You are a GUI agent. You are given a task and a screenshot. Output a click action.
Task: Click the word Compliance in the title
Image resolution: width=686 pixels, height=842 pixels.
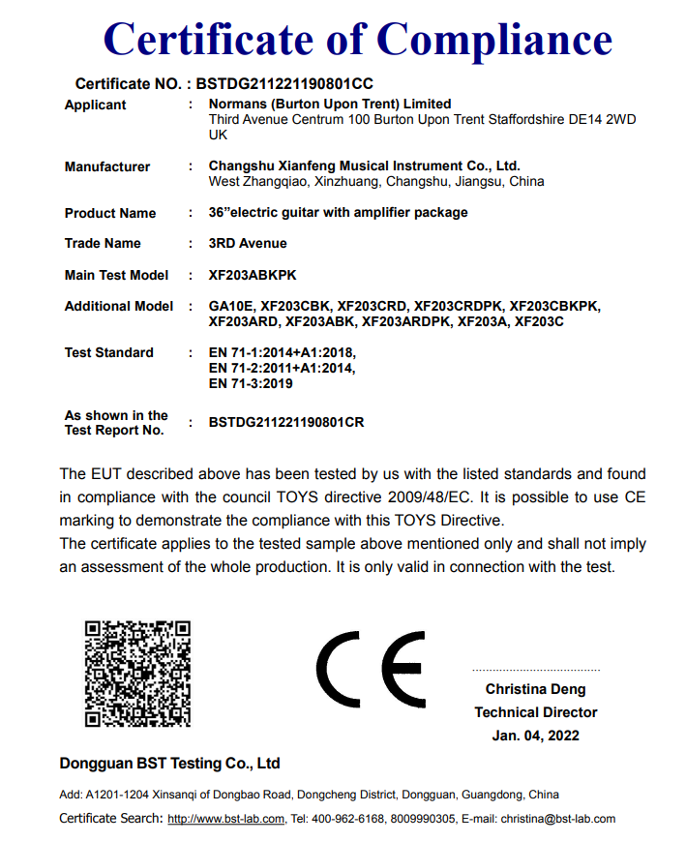[x=493, y=39]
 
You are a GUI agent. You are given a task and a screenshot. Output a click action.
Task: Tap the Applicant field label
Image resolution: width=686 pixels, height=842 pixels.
[x=95, y=105]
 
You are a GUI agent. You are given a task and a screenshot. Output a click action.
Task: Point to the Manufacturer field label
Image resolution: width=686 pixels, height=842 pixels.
[x=107, y=166]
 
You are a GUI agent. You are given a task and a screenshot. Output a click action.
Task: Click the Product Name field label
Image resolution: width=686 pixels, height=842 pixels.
[x=110, y=213]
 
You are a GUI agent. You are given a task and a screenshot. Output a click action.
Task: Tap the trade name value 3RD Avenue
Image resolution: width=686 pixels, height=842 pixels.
[x=248, y=243]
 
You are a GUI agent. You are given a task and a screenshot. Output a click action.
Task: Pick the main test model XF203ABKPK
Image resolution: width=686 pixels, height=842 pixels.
[x=250, y=275]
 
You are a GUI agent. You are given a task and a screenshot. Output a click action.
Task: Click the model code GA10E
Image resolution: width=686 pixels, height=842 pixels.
[x=229, y=306]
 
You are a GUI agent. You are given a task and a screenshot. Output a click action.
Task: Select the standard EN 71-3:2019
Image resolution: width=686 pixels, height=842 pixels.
[x=251, y=383]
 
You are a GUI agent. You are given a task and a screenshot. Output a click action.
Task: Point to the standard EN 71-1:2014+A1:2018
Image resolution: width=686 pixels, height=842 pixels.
[x=283, y=352]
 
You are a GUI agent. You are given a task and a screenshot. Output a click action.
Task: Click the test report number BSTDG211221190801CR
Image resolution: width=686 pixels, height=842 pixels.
[x=286, y=422]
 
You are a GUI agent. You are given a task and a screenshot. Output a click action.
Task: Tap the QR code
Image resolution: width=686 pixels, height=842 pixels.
[x=137, y=674]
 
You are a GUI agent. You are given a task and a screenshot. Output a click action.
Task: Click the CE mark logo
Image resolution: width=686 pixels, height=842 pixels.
[x=371, y=670]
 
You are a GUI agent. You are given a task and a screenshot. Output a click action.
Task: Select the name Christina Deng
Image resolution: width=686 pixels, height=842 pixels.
[x=535, y=690]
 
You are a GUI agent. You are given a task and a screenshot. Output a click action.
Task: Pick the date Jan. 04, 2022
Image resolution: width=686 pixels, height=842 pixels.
[x=535, y=736]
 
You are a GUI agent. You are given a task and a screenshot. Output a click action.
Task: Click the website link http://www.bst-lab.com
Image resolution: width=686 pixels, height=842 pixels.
[x=225, y=819]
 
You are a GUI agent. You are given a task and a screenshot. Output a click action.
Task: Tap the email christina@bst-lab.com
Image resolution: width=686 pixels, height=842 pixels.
[x=557, y=819]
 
